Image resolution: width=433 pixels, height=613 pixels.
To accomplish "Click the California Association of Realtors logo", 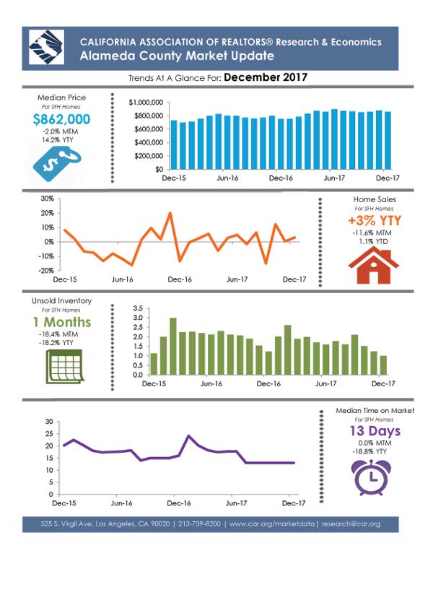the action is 46,47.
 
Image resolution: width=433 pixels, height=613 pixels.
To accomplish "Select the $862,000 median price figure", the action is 61,119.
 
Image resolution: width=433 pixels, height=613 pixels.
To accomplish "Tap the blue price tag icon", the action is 58,164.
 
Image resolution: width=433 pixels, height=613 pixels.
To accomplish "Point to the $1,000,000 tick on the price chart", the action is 146,103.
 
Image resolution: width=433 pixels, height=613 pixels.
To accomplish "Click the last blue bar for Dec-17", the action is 388,140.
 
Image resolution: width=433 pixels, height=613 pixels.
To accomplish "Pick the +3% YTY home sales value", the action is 375,220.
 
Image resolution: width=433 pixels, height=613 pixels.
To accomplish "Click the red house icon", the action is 374,266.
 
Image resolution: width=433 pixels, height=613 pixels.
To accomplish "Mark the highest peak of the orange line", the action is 170,213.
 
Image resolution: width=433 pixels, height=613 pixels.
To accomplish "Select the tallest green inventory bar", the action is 172,347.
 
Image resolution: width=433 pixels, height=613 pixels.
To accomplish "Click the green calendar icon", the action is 64,366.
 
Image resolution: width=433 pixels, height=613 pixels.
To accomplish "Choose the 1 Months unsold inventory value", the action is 62,322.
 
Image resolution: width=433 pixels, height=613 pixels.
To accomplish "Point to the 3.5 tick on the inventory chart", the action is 138,308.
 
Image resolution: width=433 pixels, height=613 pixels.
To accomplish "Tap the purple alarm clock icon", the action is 371,478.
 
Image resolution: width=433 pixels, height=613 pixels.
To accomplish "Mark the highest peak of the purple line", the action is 189,435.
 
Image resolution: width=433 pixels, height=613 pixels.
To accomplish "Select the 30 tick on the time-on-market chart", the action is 49,422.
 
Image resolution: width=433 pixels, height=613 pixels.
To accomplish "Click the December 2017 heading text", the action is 266,77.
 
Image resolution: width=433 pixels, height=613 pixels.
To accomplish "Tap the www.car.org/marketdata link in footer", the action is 271,524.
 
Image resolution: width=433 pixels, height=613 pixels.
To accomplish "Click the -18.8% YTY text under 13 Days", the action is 369,451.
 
